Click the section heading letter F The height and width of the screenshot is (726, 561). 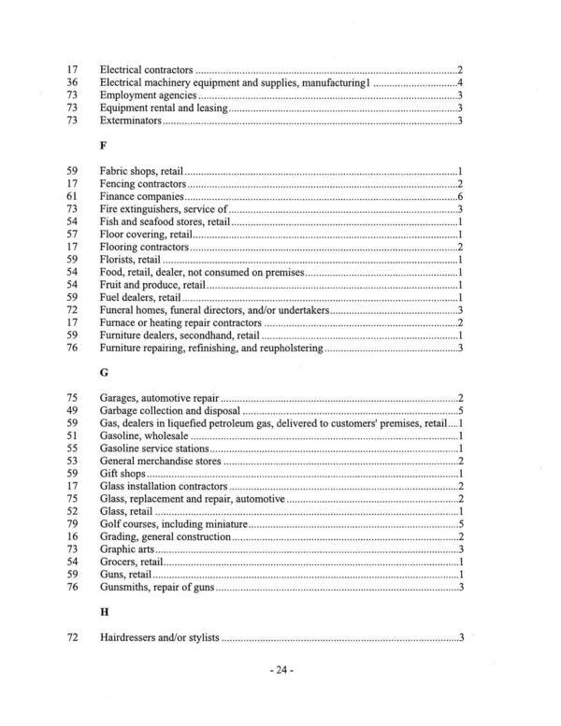click(103, 147)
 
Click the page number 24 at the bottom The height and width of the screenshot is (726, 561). click(280, 670)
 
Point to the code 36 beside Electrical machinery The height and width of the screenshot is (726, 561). click(71, 83)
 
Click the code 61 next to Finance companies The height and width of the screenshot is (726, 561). click(71, 198)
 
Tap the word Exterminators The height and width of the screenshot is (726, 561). click(131, 121)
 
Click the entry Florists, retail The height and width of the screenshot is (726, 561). click(130, 260)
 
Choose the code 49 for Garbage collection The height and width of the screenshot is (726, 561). click(71, 411)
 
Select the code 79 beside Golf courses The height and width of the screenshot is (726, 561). click(71, 525)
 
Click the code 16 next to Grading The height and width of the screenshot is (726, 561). click(71, 537)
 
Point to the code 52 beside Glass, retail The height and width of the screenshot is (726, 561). click(71, 512)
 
